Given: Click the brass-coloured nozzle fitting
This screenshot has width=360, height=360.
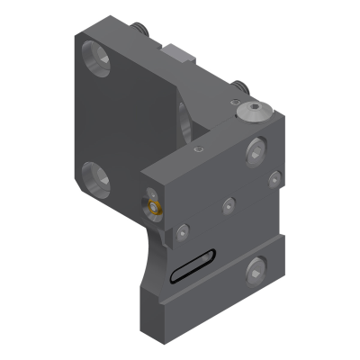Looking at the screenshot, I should (x=156, y=209).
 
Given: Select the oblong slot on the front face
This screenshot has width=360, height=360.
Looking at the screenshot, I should (x=190, y=266).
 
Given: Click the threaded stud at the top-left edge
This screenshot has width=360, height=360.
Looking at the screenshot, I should (x=141, y=31).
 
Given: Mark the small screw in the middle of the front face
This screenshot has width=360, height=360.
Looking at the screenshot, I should (x=227, y=206).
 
